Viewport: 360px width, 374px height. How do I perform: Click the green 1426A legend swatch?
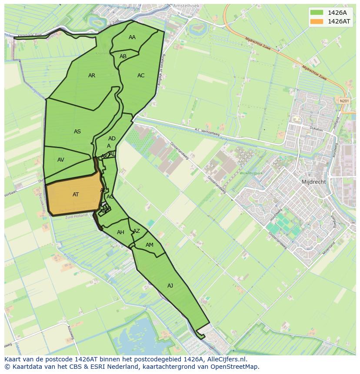tap(317, 13)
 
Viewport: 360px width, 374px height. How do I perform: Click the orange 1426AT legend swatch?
tap(317, 21)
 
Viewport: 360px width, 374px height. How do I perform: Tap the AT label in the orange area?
tap(76, 195)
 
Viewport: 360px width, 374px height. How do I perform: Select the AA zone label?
tap(132, 37)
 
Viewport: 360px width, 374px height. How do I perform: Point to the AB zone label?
tap(123, 56)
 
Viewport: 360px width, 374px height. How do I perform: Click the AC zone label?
tap(141, 76)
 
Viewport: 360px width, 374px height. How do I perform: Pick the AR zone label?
tap(92, 76)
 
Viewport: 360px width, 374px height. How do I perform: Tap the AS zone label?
tap(77, 132)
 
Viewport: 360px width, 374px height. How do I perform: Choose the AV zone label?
tap(61, 160)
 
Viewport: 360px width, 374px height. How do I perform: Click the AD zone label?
tap(112, 139)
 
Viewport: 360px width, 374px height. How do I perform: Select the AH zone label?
tap(121, 232)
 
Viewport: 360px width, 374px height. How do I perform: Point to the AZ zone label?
tap(137, 231)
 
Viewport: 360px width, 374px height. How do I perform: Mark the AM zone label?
tap(150, 245)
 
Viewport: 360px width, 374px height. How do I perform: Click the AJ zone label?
tap(170, 285)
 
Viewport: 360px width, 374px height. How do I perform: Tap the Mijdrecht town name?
tap(313, 182)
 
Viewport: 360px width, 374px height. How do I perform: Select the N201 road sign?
tap(344, 101)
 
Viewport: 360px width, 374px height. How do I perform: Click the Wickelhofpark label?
tap(251, 173)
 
